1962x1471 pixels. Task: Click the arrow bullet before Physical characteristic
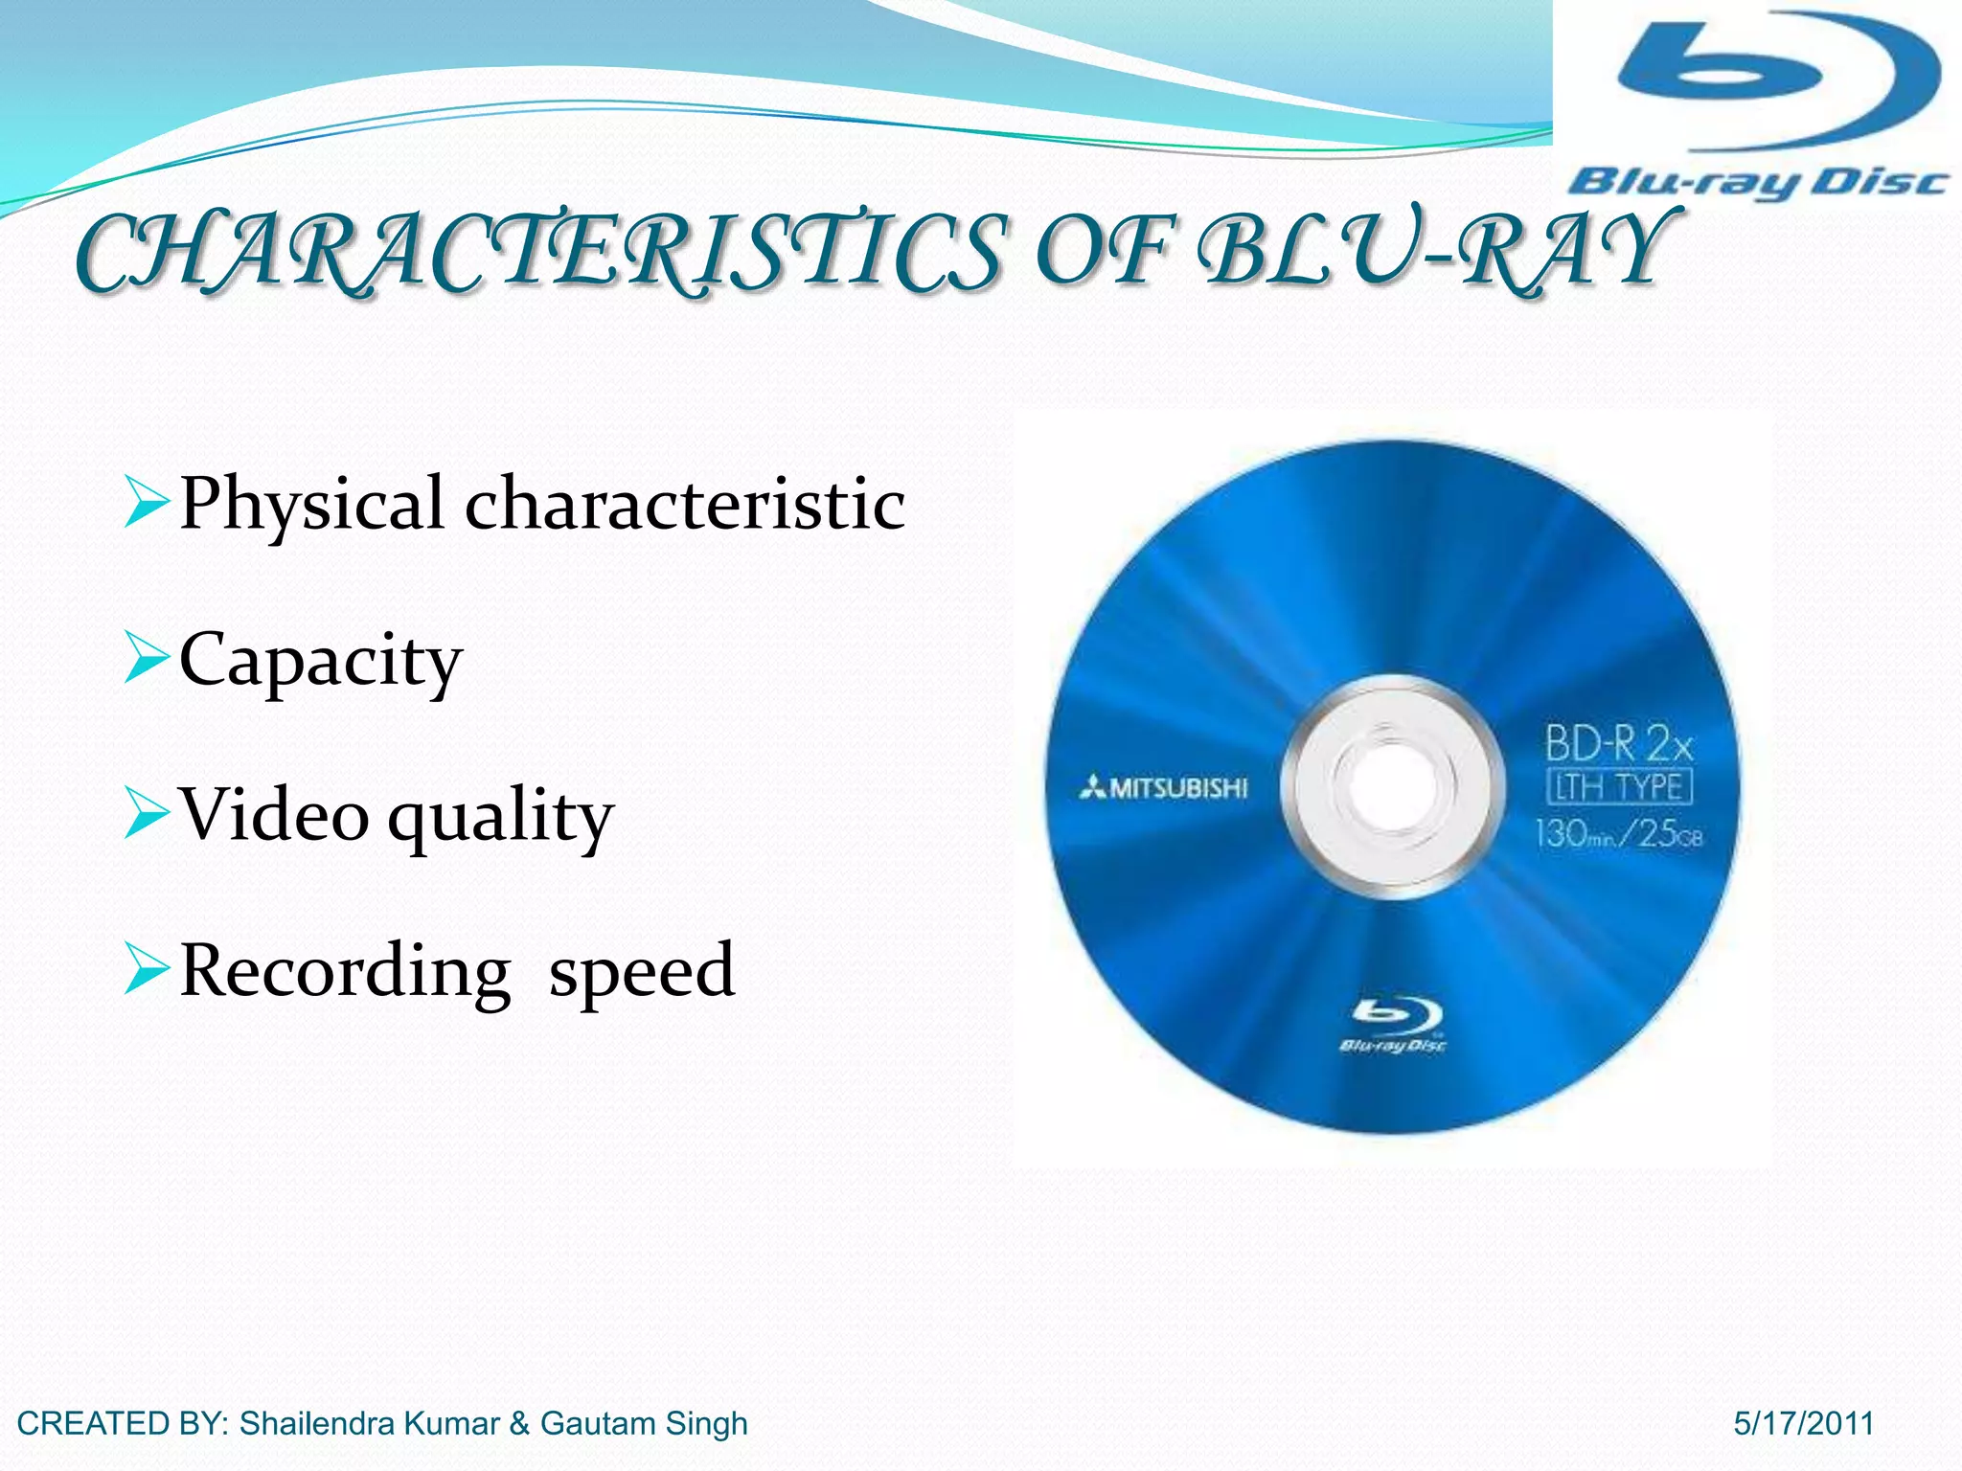(x=147, y=505)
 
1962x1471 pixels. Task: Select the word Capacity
(x=321, y=660)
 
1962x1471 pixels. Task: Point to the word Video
(x=274, y=815)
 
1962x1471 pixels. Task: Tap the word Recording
(x=345, y=971)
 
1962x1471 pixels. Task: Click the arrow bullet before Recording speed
(x=147, y=969)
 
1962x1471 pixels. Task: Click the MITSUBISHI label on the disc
(x=1164, y=788)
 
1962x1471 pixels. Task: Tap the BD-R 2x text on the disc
(x=1618, y=743)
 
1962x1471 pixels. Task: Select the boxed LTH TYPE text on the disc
(x=1619, y=787)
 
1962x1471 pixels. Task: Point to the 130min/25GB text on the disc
(x=1618, y=833)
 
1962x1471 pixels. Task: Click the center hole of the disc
(x=1392, y=787)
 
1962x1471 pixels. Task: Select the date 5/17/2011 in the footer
(x=1803, y=1424)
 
